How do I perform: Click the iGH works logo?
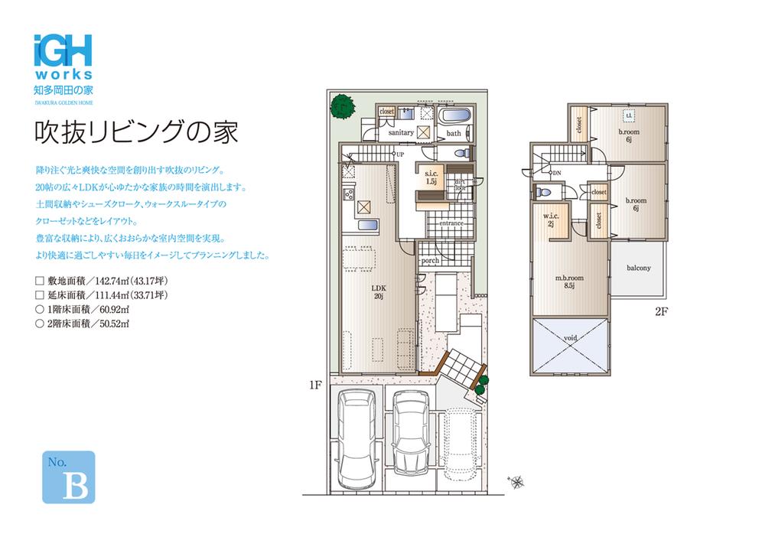63,57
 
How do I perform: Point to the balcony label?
638,268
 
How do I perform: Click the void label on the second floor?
571,337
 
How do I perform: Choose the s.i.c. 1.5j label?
430,178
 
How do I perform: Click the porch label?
430,261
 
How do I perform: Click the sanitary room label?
401,132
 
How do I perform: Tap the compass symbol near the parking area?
516,481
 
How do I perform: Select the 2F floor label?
662,311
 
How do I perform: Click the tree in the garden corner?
341,106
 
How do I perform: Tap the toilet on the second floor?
543,191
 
